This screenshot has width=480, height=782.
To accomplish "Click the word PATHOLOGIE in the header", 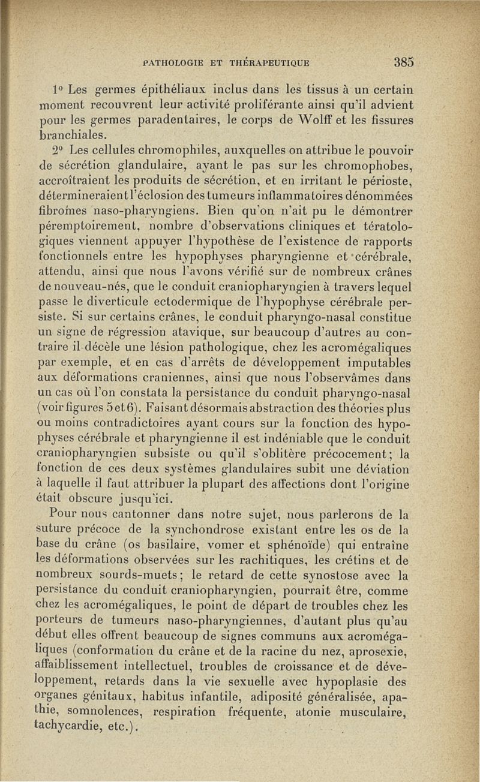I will [x=173, y=62].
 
